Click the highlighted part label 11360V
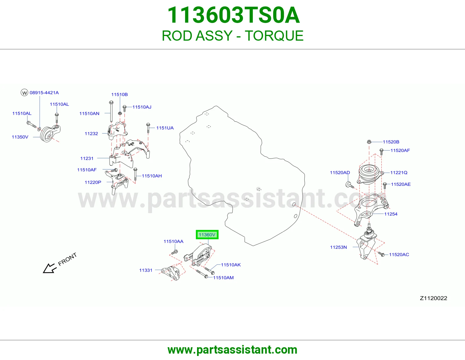pos(207,235)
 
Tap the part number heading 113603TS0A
pos(233,15)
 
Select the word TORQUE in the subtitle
pos(274,36)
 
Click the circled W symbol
pos(24,93)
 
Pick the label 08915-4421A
pos(44,93)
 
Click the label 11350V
pos(20,137)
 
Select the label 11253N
pos(338,247)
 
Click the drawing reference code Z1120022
pos(433,298)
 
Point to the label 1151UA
pos(165,128)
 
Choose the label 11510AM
pos(223,278)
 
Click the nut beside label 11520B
pos(369,142)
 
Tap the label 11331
pos(146,270)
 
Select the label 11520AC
pos(399,254)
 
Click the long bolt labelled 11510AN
pos(111,111)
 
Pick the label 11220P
pos(93,182)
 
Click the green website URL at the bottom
pos(233,350)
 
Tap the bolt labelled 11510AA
pos(174,252)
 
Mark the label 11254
pos(391,214)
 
